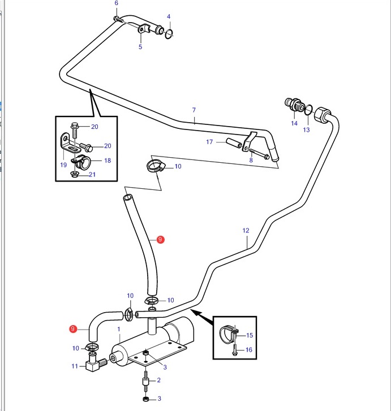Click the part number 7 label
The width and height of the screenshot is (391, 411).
(x=194, y=110)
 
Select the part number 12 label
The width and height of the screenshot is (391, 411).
(x=246, y=231)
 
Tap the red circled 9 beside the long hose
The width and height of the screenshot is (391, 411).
(x=160, y=239)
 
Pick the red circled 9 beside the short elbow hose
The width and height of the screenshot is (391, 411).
(x=72, y=328)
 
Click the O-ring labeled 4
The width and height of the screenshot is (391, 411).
(x=169, y=34)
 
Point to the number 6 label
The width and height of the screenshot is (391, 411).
(x=117, y=3)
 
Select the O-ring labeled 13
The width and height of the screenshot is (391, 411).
(x=308, y=110)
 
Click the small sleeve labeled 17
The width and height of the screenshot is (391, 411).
(x=234, y=143)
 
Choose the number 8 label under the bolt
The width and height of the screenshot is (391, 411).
(x=251, y=160)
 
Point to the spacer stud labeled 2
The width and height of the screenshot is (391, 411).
(x=145, y=380)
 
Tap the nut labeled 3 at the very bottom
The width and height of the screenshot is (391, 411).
(x=146, y=399)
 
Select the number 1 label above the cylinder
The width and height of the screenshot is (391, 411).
(x=119, y=329)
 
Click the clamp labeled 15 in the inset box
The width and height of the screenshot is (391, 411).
(x=228, y=334)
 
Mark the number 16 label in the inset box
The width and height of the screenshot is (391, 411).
(x=249, y=350)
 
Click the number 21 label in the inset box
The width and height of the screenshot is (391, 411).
(x=92, y=175)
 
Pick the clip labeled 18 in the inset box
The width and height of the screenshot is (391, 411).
(x=81, y=162)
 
